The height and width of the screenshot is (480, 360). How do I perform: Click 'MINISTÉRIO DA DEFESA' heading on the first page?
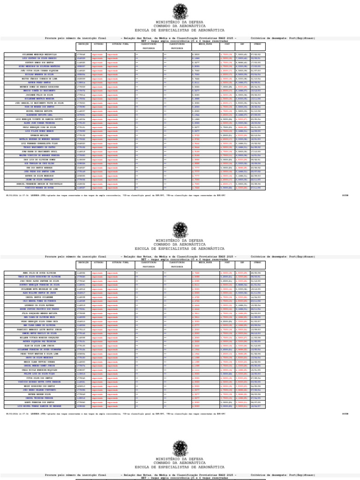(x=180, y=22)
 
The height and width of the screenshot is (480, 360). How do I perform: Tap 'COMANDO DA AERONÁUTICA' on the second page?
(x=180, y=245)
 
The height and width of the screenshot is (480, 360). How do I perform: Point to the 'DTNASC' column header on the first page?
(x=257, y=44)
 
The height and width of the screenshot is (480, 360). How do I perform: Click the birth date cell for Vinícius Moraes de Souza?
(x=257, y=188)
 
